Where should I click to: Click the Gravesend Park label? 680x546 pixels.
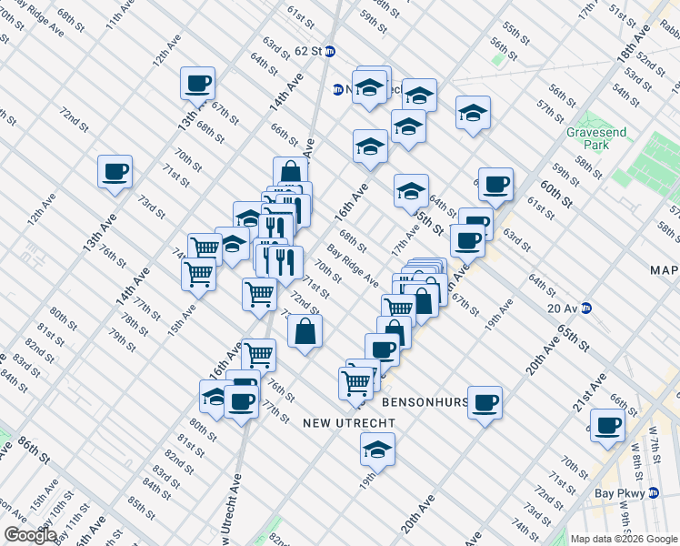595,138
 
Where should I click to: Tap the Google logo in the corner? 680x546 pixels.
29,535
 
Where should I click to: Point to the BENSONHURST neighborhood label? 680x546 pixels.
425,401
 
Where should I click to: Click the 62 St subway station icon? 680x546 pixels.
330,52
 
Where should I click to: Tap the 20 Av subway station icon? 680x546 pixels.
587,308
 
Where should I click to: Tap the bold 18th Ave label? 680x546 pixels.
635,43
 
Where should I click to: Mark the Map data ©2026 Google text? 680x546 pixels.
624,539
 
